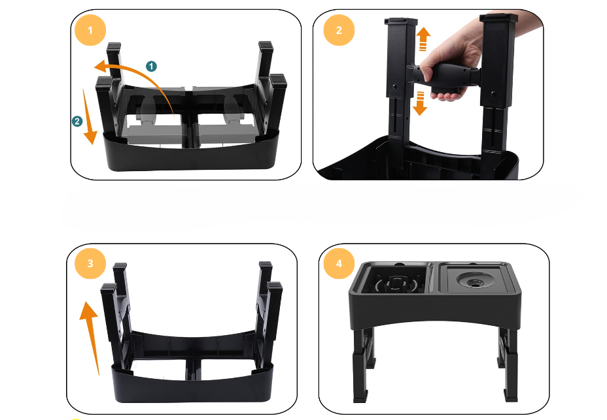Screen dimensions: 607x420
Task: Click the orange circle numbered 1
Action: click(90, 30)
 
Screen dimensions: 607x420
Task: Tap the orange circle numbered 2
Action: click(339, 30)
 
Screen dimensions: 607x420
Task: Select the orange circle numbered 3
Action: click(90, 263)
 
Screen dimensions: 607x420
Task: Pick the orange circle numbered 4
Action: click(339, 263)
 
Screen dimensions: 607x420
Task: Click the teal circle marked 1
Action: click(151, 66)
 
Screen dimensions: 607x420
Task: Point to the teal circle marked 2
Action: click(77, 121)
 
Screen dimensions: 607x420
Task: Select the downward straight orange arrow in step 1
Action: click(90, 116)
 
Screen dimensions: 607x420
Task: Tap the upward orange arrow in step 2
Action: click(423, 39)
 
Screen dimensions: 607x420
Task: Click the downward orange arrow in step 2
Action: click(420, 103)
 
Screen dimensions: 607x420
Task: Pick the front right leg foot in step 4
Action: click(511, 395)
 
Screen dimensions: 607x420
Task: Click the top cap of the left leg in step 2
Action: click(401, 21)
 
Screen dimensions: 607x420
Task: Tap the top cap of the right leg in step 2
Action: click(498, 18)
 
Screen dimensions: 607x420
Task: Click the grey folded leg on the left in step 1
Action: click(155, 123)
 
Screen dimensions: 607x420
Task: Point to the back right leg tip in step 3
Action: click(266, 266)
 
